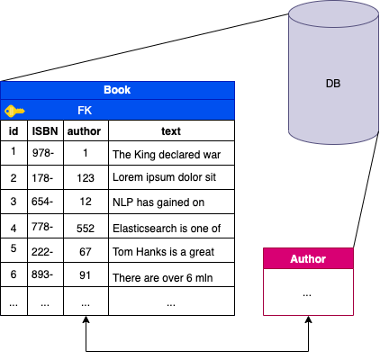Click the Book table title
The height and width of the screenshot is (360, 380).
(x=117, y=90)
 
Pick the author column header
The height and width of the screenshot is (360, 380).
(x=85, y=131)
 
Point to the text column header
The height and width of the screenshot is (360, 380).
(x=170, y=131)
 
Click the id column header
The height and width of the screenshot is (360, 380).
(x=14, y=131)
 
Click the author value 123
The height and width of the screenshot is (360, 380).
(x=85, y=177)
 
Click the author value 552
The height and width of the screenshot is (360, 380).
(x=85, y=228)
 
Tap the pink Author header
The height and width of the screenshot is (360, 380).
(x=308, y=259)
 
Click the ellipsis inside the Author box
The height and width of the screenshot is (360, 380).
(x=308, y=292)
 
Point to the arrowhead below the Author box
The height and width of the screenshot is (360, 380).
(x=308, y=321)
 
